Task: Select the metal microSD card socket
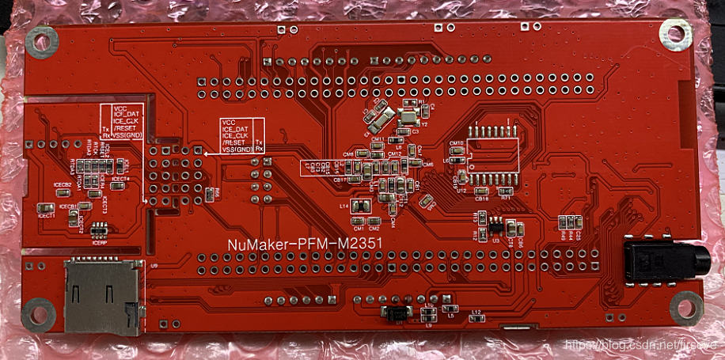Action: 103,297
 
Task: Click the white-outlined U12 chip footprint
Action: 491,151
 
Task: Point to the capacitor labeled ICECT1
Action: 47,208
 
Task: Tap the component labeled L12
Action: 476,320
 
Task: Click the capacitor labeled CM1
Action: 359,221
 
